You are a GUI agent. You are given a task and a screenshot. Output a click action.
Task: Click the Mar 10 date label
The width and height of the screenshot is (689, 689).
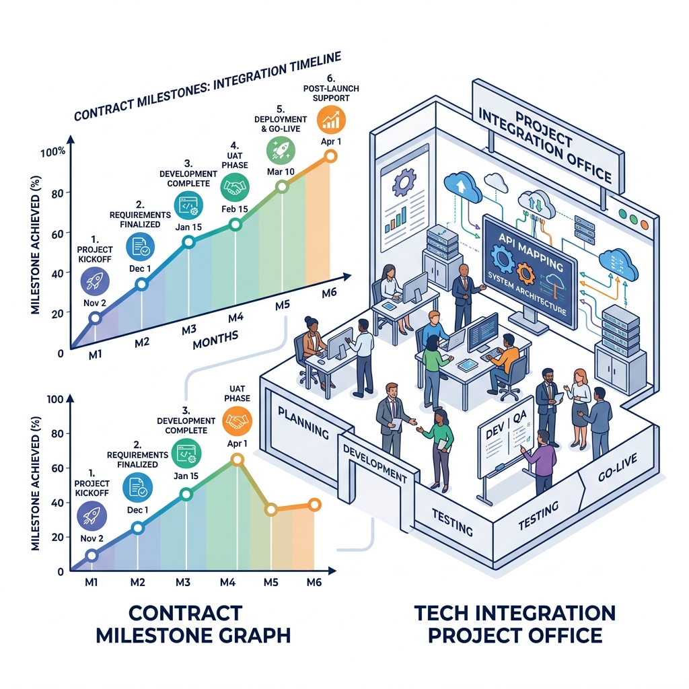(281, 172)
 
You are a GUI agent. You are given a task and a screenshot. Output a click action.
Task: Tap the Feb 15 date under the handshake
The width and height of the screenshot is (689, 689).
(235, 209)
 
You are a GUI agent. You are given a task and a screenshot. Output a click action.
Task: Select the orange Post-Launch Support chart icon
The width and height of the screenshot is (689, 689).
(331, 119)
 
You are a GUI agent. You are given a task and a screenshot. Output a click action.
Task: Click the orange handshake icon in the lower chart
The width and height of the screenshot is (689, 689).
(238, 421)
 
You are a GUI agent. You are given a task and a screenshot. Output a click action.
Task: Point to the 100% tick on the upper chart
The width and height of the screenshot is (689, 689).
(52, 153)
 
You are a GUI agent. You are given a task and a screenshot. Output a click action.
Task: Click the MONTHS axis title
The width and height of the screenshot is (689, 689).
(215, 340)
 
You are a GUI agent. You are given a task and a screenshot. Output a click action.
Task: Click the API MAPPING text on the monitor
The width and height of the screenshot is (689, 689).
(531, 252)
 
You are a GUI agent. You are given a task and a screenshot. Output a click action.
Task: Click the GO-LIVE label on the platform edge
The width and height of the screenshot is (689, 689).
(618, 468)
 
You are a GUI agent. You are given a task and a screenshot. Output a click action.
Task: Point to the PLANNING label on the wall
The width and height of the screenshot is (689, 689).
(303, 423)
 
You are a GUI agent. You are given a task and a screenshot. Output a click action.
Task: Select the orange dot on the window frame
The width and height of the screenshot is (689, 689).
(644, 225)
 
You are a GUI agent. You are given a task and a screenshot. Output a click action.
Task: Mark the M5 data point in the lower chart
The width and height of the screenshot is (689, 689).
(271, 510)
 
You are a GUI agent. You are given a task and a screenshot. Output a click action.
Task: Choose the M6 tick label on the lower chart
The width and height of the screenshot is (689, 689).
(314, 582)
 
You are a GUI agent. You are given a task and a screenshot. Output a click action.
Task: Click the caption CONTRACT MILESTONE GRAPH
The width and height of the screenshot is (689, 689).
(193, 624)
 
